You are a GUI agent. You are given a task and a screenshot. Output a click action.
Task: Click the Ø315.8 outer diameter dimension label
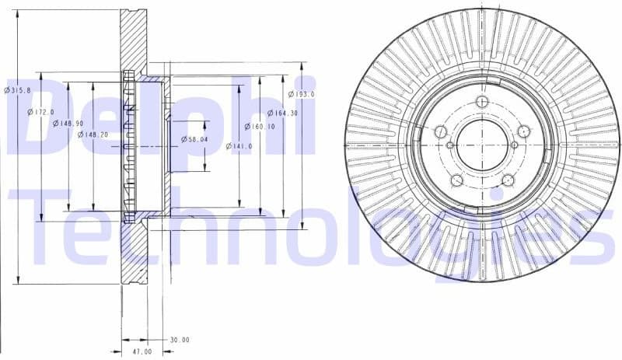[x=17, y=90]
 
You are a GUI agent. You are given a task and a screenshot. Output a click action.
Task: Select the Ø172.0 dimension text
[x=41, y=113]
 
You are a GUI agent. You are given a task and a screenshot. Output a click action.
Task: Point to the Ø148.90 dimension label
[x=67, y=123]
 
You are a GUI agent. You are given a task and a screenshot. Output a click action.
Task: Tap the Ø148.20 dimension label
[x=93, y=135]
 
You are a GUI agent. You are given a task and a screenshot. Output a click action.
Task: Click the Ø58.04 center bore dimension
[x=194, y=138]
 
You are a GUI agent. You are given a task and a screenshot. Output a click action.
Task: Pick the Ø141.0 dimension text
[x=237, y=145]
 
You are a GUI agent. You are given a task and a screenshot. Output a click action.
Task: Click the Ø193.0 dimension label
[x=302, y=94]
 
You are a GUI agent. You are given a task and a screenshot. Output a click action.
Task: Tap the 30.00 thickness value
[x=180, y=340]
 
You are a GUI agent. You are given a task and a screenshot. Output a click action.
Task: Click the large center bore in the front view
[x=482, y=145]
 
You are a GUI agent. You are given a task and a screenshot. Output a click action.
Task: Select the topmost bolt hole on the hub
[x=481, y=102]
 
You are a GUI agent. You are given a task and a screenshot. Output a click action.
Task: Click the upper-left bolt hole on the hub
[x=440, y=132]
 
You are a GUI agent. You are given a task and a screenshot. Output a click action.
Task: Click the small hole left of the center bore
[x=450, y=145]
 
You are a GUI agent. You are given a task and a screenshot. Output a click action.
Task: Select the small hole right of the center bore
[x=514, y=145]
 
